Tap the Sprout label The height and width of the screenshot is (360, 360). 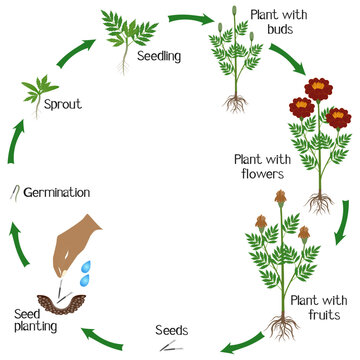click(62, 103)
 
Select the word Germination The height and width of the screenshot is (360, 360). click(56, 192)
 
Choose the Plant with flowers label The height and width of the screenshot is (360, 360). click(258, 164)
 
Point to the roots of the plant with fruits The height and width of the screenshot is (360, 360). click(281, 325)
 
